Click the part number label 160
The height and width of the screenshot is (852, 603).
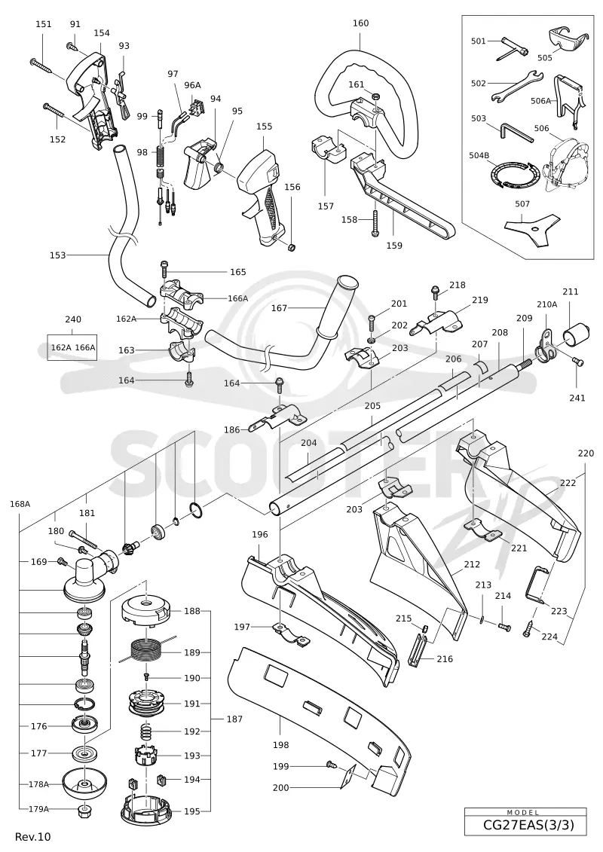[360, 23]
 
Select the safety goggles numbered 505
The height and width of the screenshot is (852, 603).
[567, 37]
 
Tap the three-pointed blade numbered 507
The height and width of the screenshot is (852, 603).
[532, 225]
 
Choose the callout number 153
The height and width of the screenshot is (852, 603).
[57, 255]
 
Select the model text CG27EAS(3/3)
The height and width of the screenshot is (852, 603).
[528, 825]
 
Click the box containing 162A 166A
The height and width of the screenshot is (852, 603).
[73, 347]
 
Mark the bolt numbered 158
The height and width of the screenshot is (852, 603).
[375, 223]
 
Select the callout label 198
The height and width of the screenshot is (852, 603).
[280, 745]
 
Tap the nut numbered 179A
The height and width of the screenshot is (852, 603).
[85, 810]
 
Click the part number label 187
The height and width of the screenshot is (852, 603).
[234, 719]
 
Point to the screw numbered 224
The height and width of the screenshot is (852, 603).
[530, 629]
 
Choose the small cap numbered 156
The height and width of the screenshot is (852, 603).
[292, 248]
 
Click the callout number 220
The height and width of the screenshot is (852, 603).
[586, 453]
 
